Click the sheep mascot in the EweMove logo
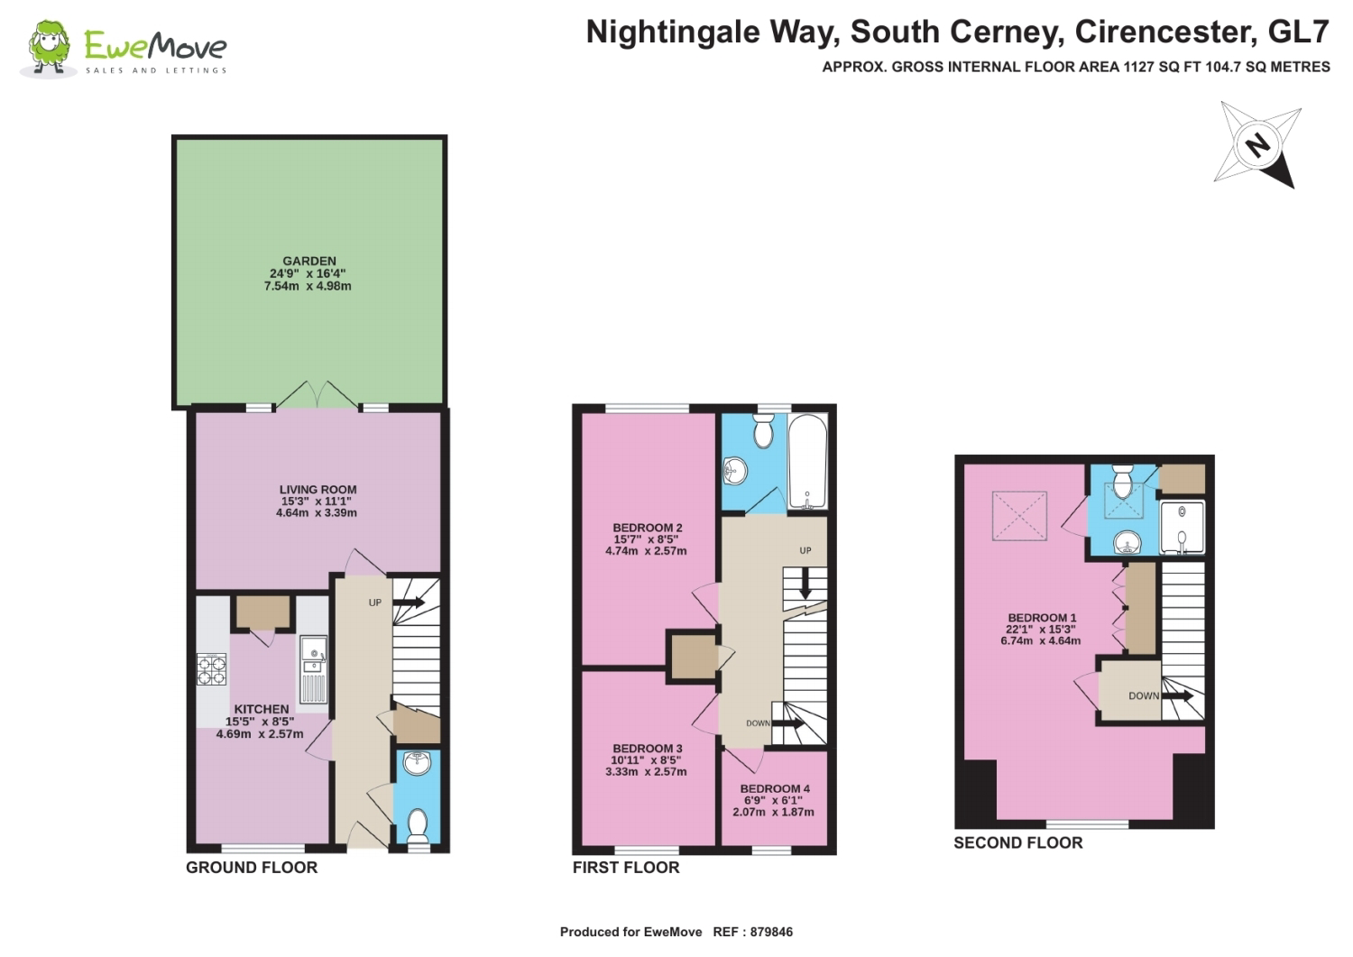pos(49,49)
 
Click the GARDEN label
pos(309,261)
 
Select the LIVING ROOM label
pos(318,490)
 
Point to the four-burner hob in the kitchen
pos(211,669)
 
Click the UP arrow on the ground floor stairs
pos(410,603)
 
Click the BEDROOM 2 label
pos(648,528)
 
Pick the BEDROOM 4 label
pos(775,788)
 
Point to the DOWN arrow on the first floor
pos(787,723)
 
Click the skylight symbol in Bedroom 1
pos(1019,515)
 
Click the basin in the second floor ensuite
pos(1126,542)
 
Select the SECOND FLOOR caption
pos(1018,842)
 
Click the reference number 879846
pos(771,932)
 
